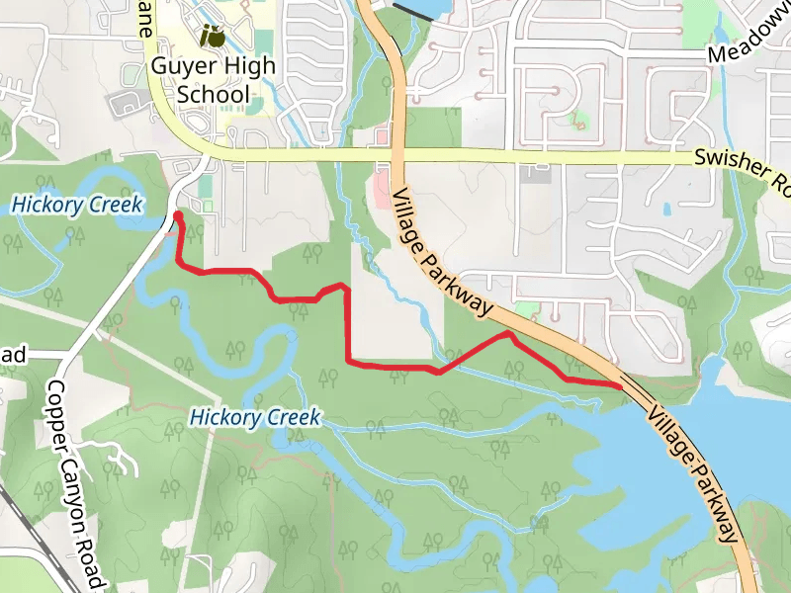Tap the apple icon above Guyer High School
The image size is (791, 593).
click(x=212, y=38)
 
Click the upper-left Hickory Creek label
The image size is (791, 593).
click(x=77, y=206)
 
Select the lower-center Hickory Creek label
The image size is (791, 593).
click(x=255, y=418)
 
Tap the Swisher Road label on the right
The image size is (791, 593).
click(x=742, y=166)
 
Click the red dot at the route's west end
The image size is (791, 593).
click(x=177, y=215)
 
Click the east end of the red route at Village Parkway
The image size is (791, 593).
click(x=620, y=385)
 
